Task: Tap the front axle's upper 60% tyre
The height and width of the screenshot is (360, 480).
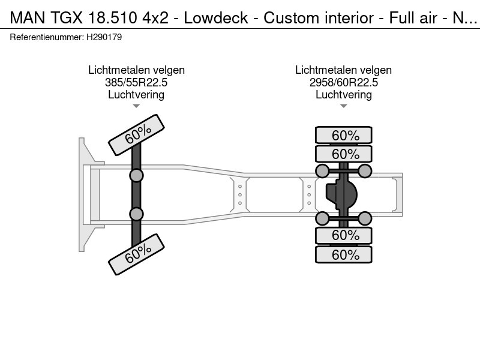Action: (x=137, y=133)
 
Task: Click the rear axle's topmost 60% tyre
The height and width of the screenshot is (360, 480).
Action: (x=344, y=135)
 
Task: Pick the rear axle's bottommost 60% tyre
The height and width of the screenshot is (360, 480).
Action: (x=344, y=255)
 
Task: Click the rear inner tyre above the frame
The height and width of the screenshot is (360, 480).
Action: (x=344, y=154)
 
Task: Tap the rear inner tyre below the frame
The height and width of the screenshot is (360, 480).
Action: (x=344, y=235)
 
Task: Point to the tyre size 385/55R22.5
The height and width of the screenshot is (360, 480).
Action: (x=137, y=83)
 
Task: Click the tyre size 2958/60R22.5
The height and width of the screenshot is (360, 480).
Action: (x=343, y=83)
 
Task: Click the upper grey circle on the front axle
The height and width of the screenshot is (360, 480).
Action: (x=137, y=175)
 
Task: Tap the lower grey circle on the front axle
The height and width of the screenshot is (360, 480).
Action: (x=137, y=214)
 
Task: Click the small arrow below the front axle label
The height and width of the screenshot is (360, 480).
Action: (x=137, y=106)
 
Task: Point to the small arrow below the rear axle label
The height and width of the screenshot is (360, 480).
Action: (x=343, y=106)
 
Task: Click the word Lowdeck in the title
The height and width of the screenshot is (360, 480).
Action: (x=215, y=18)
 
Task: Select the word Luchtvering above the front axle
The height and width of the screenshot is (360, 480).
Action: (x=137, y=95)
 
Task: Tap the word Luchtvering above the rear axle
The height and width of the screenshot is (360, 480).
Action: (x=343, y=95)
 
